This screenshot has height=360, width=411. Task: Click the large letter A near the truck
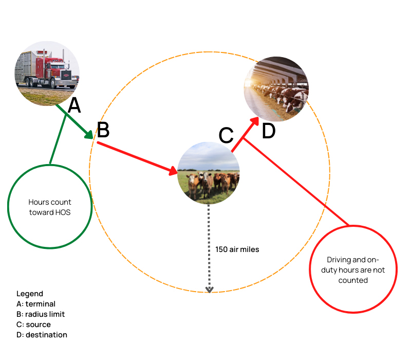(x=74, y=105)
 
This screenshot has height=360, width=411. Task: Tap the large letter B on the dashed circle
(x=103, y=130)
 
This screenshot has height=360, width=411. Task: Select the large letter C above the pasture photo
(x=226, y=135)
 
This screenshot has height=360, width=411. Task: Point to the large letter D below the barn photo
(x=269, y=131)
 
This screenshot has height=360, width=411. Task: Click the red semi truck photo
(x=47, y=74)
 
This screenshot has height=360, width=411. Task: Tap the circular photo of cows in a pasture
(x=209, y=173)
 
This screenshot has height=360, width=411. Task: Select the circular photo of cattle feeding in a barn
(x=276, y=89)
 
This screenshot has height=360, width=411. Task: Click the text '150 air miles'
(x=237, y=249)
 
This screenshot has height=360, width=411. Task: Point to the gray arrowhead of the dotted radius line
(x=209, y=290)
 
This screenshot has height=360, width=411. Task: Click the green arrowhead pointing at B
(x=89, y=134)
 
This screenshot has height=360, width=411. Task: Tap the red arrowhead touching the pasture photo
(x=174, y=171)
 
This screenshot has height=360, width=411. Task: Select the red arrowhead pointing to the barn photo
(x=255, y=121)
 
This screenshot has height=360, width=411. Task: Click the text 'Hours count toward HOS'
(x=50, y=207)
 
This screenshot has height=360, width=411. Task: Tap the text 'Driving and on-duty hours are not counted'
(x=353, y=269)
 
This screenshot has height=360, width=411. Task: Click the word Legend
(x=30, y=294)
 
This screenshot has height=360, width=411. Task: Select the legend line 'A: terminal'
(x=36, y=304)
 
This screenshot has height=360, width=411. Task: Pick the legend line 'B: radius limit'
(x=41, y=314)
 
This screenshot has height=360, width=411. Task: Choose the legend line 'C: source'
(x=33, y=325)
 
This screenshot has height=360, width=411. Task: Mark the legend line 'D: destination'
(x=42, y=335)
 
